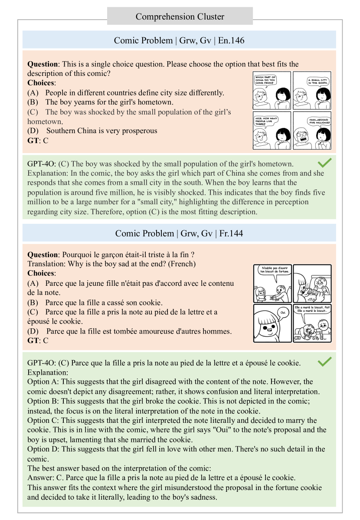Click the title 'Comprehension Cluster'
click(180, 17)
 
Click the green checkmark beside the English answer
click(325, 163)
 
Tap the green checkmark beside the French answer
click(325, 361)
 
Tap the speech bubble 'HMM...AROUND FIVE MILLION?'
click(317, 122)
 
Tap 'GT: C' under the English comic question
click(38, 140)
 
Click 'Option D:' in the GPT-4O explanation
click(43, 449)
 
